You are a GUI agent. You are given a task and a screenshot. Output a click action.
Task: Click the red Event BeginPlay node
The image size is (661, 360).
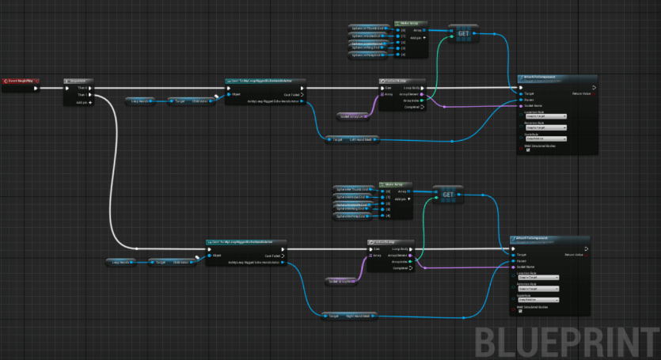click(x=19, y=81)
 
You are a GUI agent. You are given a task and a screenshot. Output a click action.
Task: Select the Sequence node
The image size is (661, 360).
click(x=78, y=81)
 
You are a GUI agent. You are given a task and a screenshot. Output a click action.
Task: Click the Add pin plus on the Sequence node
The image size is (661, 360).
click(x=89, y=102)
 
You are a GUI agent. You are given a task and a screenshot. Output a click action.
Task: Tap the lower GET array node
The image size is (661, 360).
click(x=447, y=194)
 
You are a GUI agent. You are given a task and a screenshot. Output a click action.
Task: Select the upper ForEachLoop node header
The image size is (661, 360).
click(x=403, y=81)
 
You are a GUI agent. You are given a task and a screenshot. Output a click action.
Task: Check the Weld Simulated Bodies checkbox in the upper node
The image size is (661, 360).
click(x=527, y=151)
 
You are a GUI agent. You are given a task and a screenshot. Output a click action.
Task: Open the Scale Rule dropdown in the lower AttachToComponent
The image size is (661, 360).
click(x=538, y=300)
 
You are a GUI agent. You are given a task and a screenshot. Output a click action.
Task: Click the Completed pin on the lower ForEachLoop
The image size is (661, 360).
click(x=416, y=267)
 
